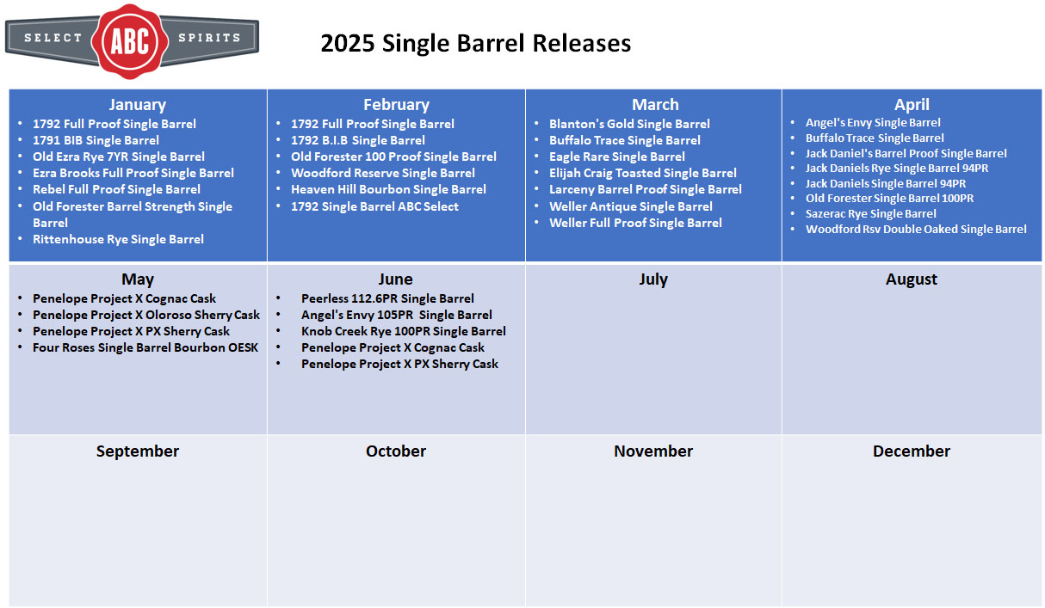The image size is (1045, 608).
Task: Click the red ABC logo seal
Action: click(x=130, y=41)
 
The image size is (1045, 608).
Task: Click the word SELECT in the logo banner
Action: click(x=53, y=38)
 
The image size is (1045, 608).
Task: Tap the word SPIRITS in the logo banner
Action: click(x=209, y=38)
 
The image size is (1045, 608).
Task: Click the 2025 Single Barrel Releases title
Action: click(x=476, y=43)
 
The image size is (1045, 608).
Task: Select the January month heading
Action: click(x=138, y=104)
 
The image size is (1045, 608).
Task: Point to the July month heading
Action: click(x=653, y=279)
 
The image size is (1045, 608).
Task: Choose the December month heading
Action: click(x=911, y=451)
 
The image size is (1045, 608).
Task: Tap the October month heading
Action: click(x=396, y=451)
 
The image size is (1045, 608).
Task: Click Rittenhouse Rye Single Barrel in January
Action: click(x=118, y=239)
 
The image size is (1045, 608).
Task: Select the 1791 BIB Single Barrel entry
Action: click(x=96, y=140)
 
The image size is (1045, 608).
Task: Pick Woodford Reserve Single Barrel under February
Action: click(x=383, y=173)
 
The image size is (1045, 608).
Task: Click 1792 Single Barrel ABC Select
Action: click(x=374, y=206)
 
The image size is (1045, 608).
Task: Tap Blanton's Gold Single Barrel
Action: click(x=629, y=124)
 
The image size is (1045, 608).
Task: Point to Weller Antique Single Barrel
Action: click(x=631, y=206)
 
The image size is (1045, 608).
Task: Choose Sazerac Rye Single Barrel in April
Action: click(x=870, y=214)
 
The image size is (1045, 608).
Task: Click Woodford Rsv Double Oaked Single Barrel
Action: click(x=916, y=230)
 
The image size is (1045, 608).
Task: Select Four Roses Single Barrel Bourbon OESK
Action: click(x=145, y=347)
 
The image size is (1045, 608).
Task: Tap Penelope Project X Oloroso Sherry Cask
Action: click(x=146, y=315)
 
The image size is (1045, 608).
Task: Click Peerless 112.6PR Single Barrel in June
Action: click(x=387, y=298)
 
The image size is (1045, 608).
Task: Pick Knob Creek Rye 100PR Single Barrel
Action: click(x=404, y=331)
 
